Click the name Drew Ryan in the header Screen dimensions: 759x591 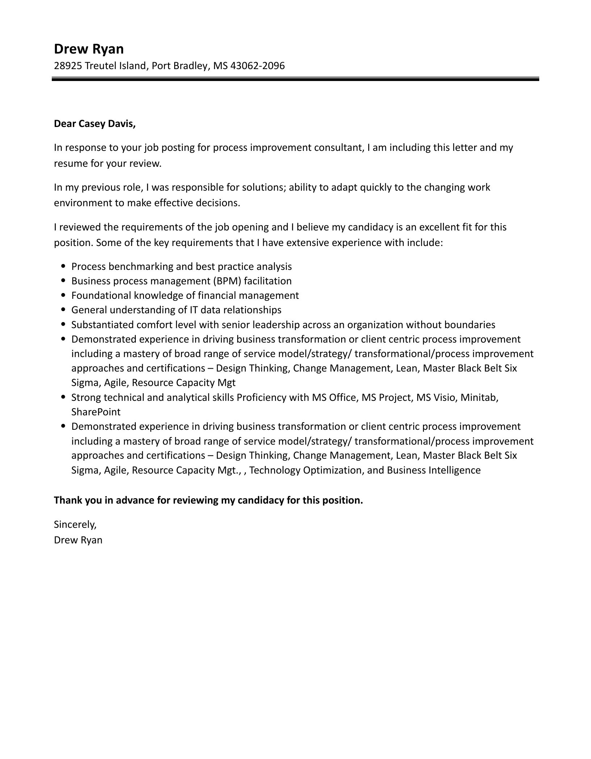click(89, 49)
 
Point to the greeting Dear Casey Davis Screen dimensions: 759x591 click(95, 124)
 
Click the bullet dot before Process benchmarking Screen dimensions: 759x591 click(63, 266)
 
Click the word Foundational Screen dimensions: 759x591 click(101, 296)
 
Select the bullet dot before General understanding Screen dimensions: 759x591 click(63, 310)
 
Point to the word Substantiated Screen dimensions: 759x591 click(102, 325)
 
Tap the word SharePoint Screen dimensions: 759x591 click(96, 412)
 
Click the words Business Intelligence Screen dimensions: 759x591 click(433, 470)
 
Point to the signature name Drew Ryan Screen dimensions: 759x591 click(78, 540)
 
